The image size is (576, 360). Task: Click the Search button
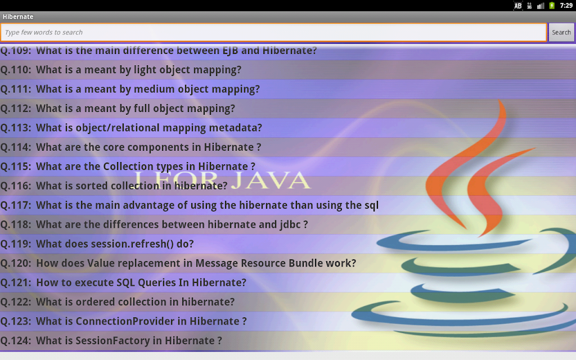[561, 32]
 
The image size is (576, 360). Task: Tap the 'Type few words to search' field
[274, 32]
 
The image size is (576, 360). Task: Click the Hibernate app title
[18, 16]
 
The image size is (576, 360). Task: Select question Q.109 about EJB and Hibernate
[158, 50]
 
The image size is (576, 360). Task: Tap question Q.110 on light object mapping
[121, 70]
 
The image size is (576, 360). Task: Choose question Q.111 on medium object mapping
[130, 89]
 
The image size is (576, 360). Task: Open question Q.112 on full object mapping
[118, 109]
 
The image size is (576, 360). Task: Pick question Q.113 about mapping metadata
[131, 128]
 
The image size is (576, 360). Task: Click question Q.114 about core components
[130, 147]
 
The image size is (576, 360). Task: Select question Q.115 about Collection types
[128, 166]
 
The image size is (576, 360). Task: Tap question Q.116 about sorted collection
[114, 186]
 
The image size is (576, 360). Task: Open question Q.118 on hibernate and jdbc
[154, 224]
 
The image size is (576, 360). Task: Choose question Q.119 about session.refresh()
[97, 244]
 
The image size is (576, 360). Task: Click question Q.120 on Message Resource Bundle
[178, 263]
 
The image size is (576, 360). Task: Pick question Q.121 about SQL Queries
[123, 282]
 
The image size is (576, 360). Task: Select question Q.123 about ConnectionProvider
[123, 321]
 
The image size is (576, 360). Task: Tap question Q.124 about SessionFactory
[111, 341]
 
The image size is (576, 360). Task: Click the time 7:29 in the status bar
[566, 6]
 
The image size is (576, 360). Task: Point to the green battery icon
[552, 6]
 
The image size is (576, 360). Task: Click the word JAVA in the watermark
[271, 180]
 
